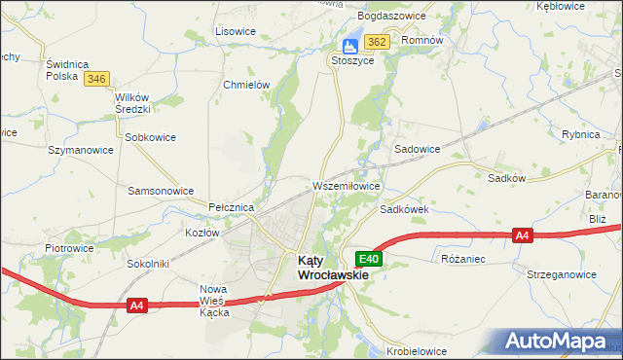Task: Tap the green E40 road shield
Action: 369,259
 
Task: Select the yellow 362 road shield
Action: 378,42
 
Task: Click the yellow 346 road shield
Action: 95,79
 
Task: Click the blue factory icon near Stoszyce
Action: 349,45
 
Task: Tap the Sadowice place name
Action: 417,149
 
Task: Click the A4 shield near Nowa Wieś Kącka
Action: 136,306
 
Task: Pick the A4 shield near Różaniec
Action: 523,234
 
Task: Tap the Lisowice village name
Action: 235,31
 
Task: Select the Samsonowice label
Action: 161,191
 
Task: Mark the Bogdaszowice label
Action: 389,17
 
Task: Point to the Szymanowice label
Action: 81,150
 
